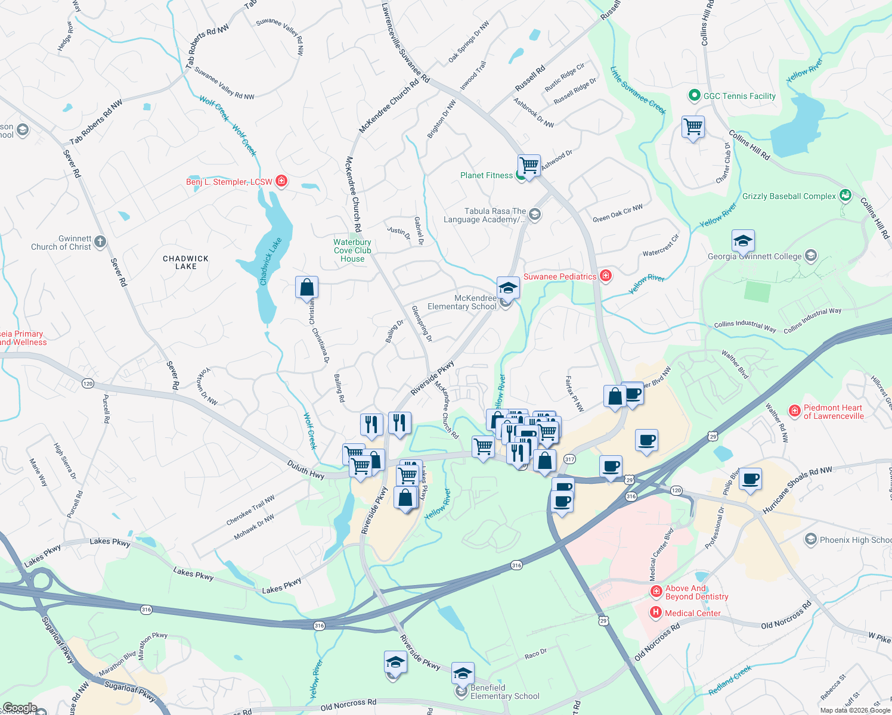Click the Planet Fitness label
click(x=486, y=175)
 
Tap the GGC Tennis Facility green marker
click(x=693, y=95)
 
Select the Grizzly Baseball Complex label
click(x=789, y=196)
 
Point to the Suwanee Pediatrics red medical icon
click(x=606, y=276)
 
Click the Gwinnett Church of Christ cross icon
click(x=100, y=241)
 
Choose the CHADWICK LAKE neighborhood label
click(x=185, y=263)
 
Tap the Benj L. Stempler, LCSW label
click(x=229, y=182)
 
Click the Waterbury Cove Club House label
click(x=352, y=250)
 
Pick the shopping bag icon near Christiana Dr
click(x=306, y=287)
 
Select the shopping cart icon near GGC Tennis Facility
click(x=693, y=126)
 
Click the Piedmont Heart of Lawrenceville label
click(x=833, y=412)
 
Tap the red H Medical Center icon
click(x=655, y=612)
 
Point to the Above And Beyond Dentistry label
click(x=696, y=592)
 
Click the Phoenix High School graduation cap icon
click(x=810, y=540)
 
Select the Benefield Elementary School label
click(x=504, y=692)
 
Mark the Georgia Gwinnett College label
click(x=754, y=256)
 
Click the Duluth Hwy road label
click(x=305, y=469)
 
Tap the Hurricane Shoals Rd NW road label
click(x=797, y=490)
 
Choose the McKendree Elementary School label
click(x=462, y=302)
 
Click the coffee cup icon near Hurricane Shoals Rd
click(x=750, y=479)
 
